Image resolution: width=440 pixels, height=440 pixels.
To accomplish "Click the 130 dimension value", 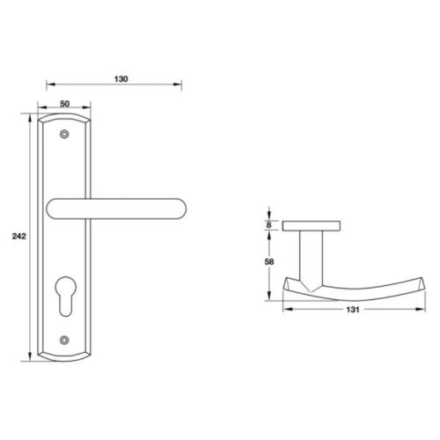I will [121, 78].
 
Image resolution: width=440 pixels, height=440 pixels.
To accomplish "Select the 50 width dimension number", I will [64, 104].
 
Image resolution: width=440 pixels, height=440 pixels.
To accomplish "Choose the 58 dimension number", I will [269, 261].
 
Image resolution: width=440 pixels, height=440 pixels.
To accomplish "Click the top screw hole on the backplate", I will [64, 135].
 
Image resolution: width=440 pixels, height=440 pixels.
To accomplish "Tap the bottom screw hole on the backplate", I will [64, 339].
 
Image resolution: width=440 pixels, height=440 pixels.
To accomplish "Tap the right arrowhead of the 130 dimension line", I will [180, 86].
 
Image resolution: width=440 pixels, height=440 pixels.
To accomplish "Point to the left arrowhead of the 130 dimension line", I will [48, 86].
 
